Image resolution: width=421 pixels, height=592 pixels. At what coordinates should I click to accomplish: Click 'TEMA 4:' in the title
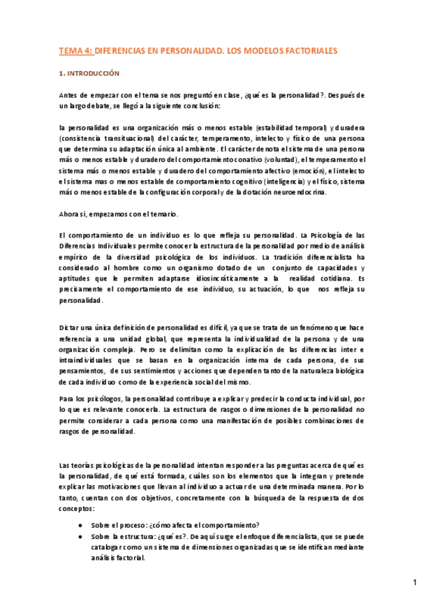click(75, 51)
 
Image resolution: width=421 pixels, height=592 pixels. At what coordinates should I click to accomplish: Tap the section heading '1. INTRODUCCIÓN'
click(89, 73)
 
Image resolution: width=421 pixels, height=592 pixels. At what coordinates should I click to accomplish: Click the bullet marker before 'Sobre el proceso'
click(82, 526)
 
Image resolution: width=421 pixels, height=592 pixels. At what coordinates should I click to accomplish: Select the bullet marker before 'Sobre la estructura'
click(82, 537)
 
